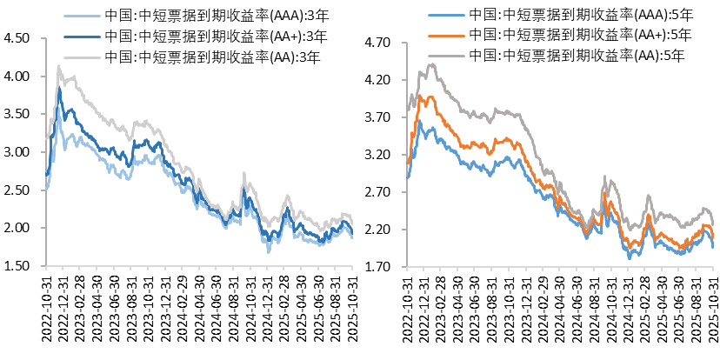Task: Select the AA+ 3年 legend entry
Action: click(214, 37)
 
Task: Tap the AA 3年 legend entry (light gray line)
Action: click(214, 57)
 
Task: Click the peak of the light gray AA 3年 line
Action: click(58, 65)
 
